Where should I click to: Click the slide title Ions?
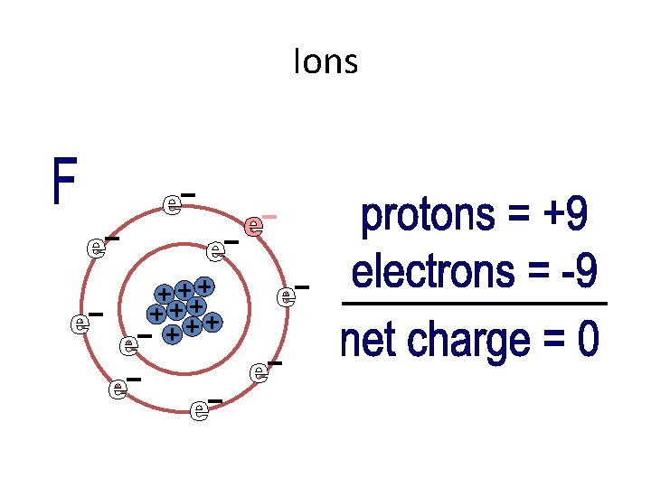click(325, 62)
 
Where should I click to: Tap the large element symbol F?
click(64, 181)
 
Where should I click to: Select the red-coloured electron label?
click(259, 225)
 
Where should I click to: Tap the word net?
click(371, 341)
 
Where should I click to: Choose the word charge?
click(467, 342)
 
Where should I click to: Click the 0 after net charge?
click(588, 340)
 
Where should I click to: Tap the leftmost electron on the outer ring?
click(85, 323)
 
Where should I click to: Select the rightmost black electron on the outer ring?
click(292, 296)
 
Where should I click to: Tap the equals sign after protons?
click(518, 217)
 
